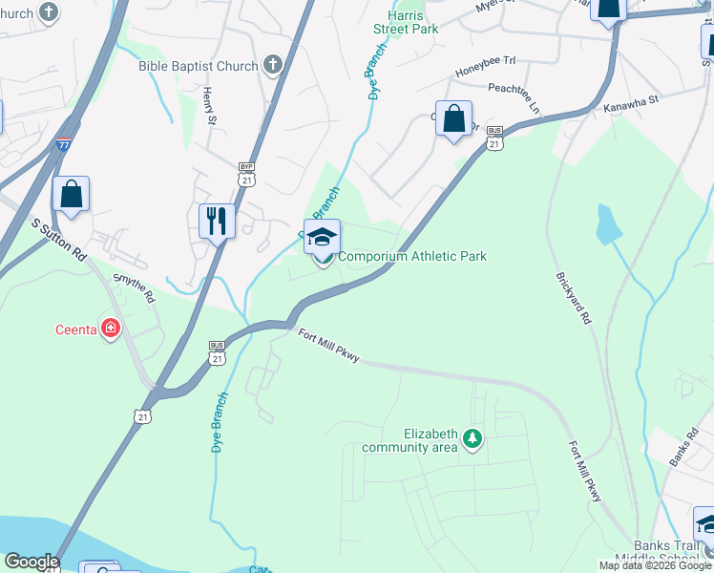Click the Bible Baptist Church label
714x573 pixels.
pyautogui.click(x=199, y=66)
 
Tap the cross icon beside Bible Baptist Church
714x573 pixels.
pyautogui.click(x=273, y=66)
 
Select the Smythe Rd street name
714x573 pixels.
pyautogui.click(x=134, y=287)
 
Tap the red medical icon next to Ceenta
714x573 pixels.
pyautogui.click(x=112, y=329)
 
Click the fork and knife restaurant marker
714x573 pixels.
pyautogui.click(x=217, y=222)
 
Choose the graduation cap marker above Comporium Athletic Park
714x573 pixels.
pyautogui.click(x=323, y=237)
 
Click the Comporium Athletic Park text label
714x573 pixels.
pyautogui.click(x=412, y=256)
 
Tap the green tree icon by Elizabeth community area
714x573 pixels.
pyautogui.click(x=472, y=438)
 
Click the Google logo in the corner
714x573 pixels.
pyautogui.click(x=31, y=562)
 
